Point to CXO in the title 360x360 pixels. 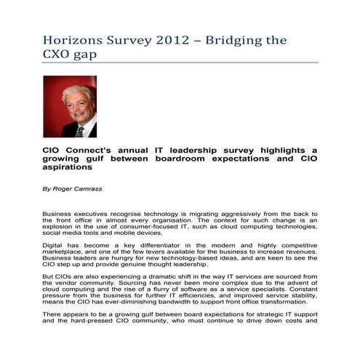[58, 55]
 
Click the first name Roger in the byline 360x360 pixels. [63, 188]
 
